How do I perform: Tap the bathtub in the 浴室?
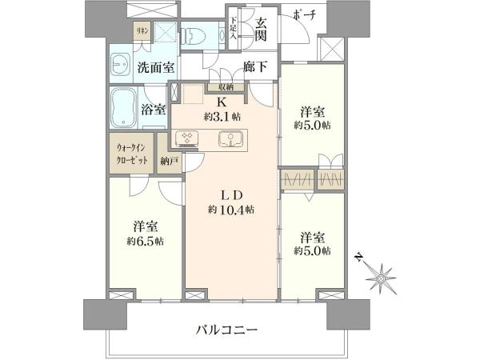pyautogui.click(x=124, y=108)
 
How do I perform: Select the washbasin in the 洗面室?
pyautogui.click(x=120, y=64)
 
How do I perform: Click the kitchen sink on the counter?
pyautogui.click(x=231, y=138)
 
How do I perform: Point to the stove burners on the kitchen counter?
pyautogui.click(x=187, y=138)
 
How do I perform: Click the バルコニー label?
pyautogui.click(x=227, y=330)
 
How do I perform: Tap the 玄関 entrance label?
pyautogui.click(x=261, y=30)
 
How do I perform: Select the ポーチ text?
pyautogui.click(x=304, y=15)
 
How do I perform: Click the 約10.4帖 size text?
pyautogui.click(x=231, y=210)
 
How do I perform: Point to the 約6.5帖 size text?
pyautogui.click(x=146, y=242)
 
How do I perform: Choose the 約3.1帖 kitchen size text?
pyautogui.click(x=222, y=117)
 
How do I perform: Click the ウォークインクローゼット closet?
pyautogui.click(x=132, y=153)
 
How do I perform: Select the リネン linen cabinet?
pyautogui.click(x=143, y=30)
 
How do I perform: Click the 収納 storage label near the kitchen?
pyautogui.click(x=226, y=87)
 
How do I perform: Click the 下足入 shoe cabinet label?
pyautogui.click(x=234, y=28)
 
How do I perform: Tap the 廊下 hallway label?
pyautogui.click(x=256, y=66)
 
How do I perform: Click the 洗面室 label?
pyautogui.click(x=155, y=67)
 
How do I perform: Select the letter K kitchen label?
pyautogui.click(x=222, y=102)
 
